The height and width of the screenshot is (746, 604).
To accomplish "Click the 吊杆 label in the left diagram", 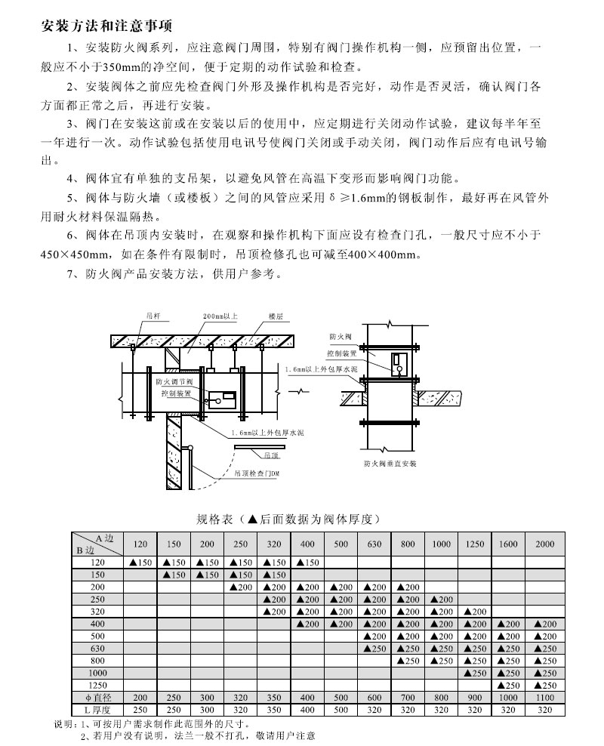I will pyautogui.click(x=153, y=317).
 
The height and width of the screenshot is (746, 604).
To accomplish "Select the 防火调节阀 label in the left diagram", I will pyautogui.click(x=174, y=382).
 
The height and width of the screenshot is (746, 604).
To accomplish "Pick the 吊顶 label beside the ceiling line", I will pyautogui.click(x=271, y=456).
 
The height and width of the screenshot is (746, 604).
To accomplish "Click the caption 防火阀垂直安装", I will pyautogui.click(x=390, y=463).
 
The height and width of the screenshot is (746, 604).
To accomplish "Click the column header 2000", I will pyautogui.click(x=544, y=544).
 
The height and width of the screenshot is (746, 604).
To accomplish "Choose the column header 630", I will pyautogui.click(x=374, y=544).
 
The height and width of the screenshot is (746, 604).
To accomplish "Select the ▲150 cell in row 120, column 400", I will pyautogui.click(x=308, y=563).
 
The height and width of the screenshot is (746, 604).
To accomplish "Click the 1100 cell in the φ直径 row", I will pyautogui.click(x=544, y=698).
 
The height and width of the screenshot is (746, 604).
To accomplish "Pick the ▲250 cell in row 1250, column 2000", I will pyautogui.click(x=544, y=686).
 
